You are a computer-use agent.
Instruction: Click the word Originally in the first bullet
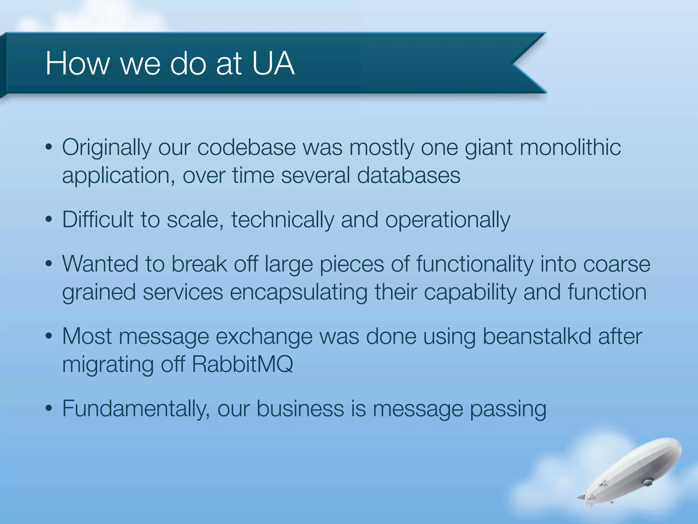(107, 148)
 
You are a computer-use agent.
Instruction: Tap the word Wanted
(100, 264)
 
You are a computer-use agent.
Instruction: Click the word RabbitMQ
(242, 365)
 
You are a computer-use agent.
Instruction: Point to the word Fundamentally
(136, 409)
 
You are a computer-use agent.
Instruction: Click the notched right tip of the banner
(521, 63)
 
